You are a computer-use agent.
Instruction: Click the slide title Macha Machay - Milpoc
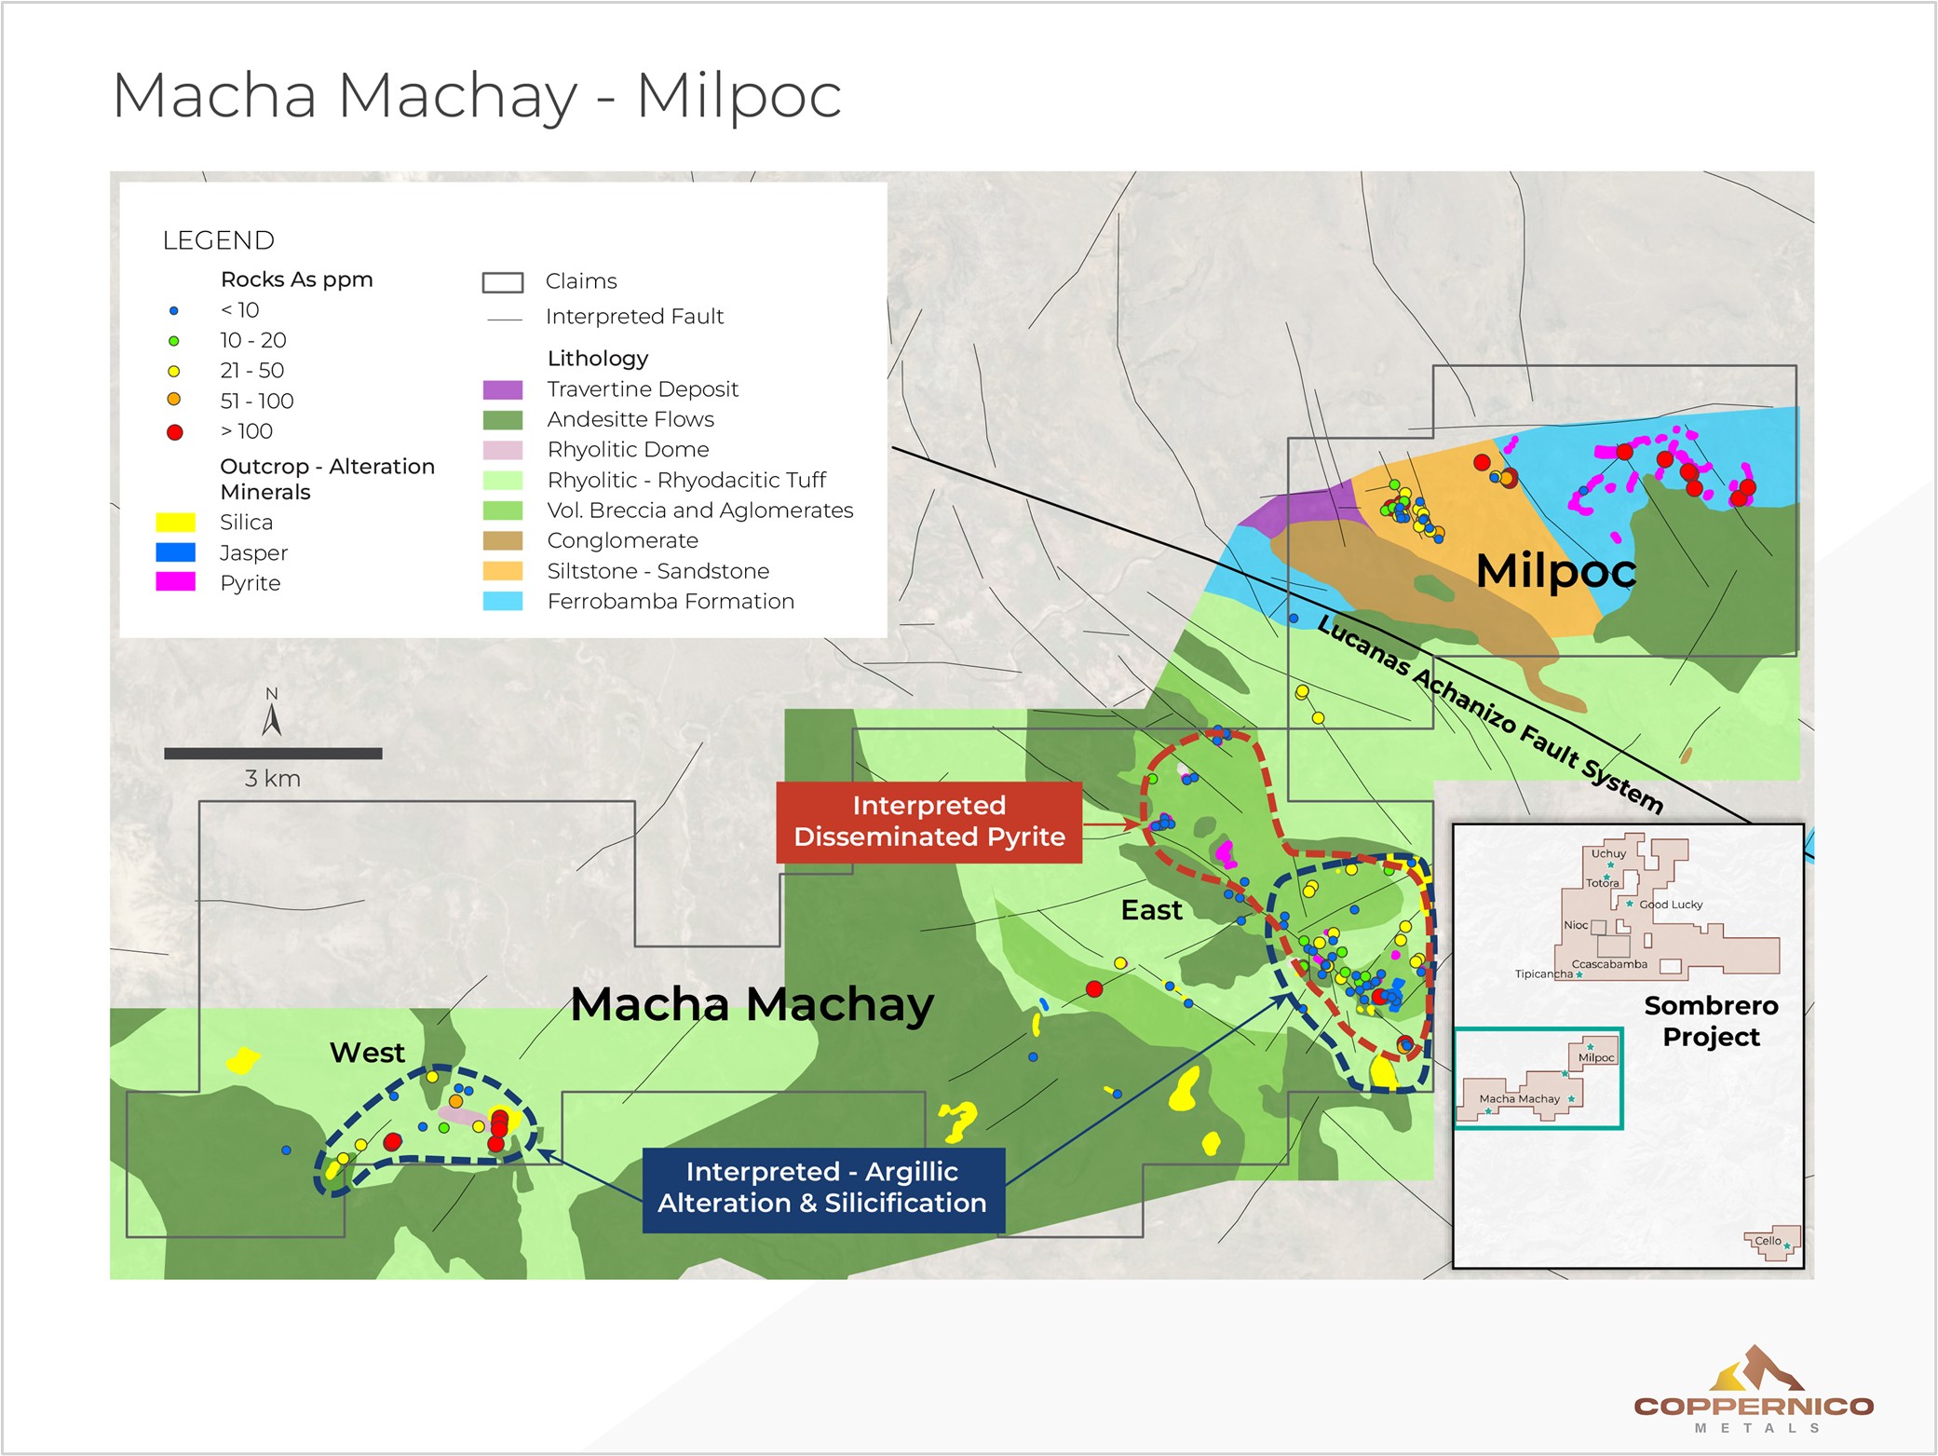[x=477, y=95]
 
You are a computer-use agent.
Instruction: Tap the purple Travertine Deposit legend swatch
[x=502, y=389]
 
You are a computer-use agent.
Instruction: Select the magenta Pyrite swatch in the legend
[x=175, y=582]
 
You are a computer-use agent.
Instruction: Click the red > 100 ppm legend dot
[x=174, y=432]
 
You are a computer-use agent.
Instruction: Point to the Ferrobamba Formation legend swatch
[x=502, y=602]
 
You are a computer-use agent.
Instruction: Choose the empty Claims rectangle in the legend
[x=502, y=282]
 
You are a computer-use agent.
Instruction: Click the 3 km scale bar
[x=273, y=754]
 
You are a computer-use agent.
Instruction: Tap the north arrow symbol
[x=272, y=717]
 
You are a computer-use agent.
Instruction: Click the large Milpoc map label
[x=1555, y=570]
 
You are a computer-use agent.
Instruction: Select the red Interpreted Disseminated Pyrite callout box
[x=928, y=822]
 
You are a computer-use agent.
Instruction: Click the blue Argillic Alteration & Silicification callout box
[x=823, y=1188]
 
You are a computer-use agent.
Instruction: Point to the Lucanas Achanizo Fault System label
[x=1490, y=714]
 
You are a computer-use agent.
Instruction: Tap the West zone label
[x=367, y=1053]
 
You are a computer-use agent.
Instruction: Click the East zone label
[x=1151, y=910]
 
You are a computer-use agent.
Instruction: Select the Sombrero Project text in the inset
[x=1711, y=1021]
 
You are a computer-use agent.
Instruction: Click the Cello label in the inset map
[x=1768, y=1241]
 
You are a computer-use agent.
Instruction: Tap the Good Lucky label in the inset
[x=1671, y=905]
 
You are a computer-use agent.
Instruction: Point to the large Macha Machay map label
[x=752, y=1004]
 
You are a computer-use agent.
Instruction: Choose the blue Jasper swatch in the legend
[x=175, y=552]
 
